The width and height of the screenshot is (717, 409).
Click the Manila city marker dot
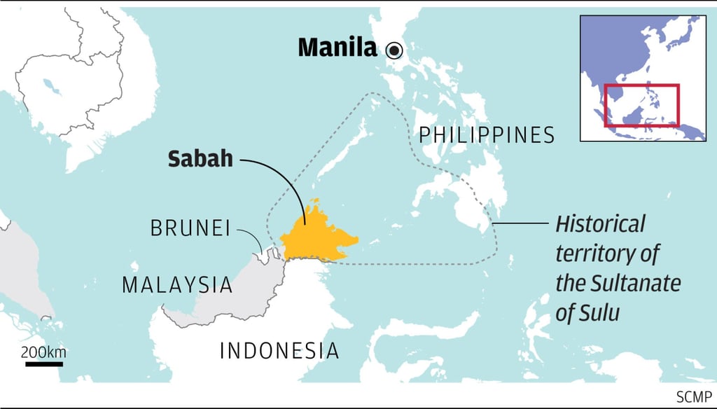[394, 49]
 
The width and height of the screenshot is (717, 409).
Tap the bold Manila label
[338, 48]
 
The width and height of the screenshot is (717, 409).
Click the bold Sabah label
[200, 159]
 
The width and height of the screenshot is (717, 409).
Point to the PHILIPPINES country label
[487, 134]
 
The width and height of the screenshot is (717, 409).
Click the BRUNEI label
[190, 228]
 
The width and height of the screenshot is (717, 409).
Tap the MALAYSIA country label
[176, 284]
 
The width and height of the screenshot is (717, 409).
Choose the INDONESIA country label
[279, 350]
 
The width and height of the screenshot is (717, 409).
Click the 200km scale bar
[43, 364]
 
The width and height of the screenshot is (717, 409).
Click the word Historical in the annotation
[600, 225]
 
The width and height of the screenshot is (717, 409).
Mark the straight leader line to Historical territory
[522, 223]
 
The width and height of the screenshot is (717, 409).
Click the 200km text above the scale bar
[43, 352]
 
